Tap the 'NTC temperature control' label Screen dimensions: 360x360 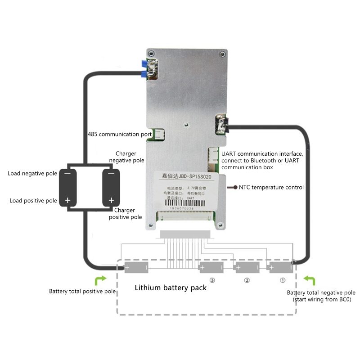tap(271, 187)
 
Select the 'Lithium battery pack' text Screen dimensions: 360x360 tap(171, 288)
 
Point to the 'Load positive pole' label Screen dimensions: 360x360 tap(33, 200)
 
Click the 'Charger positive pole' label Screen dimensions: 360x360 tap(128, 213)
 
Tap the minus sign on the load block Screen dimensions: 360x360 tap(67, 173)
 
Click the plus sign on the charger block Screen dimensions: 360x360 tap(109, 200)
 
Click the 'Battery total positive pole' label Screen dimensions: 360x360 tap(82, 291)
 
